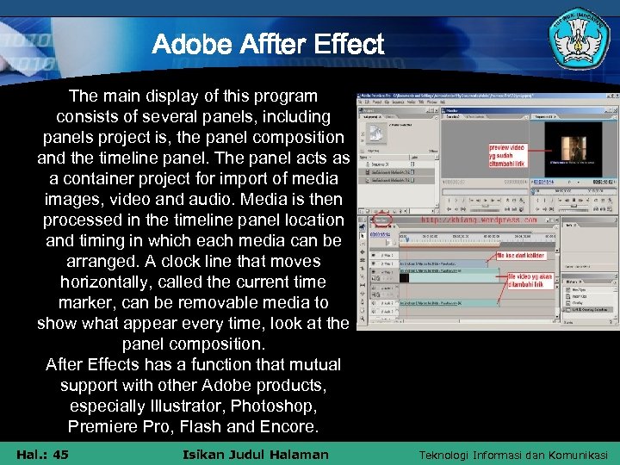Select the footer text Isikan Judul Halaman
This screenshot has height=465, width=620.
(256, 454)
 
